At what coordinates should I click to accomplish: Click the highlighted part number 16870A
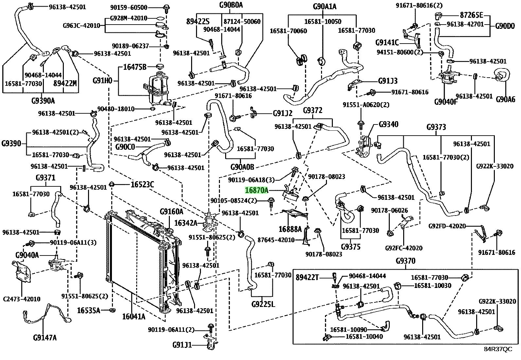257,190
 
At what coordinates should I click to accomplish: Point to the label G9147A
45,337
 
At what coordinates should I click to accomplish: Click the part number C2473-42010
22,299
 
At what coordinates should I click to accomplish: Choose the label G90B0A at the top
231,5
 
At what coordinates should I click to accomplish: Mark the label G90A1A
325,7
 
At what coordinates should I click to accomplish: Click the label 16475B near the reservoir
135,67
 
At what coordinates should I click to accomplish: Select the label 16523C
142,185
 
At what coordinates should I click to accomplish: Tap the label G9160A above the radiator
171,211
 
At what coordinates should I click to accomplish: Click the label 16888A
290,229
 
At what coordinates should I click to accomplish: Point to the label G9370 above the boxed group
405,261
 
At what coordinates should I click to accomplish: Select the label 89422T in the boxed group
307,277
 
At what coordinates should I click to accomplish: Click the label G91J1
182,345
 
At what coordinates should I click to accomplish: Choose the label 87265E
472,15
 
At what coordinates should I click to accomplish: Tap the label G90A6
505,100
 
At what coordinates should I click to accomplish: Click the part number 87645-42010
276,240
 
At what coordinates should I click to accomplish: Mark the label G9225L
263,304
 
